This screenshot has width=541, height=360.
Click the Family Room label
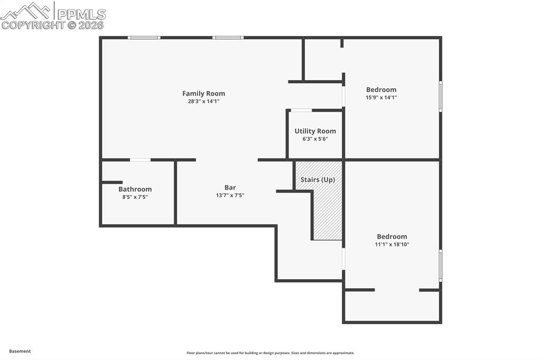point(203,93)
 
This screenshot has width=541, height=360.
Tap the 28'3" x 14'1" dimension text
point(203,101)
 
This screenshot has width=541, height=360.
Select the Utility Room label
point(315,131)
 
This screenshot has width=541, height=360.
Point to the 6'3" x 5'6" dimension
point(315,139)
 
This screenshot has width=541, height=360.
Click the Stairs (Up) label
point(318,179)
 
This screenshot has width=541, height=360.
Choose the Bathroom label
point(135,189)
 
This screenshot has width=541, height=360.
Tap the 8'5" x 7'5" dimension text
point(135,197)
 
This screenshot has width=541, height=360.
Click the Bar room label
point(230,187)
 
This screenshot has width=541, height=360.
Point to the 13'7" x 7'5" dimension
point(230,195)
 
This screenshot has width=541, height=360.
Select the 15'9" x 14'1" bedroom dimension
point(381,97)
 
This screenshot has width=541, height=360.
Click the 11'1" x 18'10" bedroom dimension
point(392,244)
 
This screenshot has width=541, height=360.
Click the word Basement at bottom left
point(20,351)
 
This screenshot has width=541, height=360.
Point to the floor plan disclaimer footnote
point(270,353)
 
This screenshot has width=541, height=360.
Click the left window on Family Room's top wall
point(144,37)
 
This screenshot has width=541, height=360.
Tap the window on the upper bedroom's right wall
point(440,96)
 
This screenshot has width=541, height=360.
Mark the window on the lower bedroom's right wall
point(440,266)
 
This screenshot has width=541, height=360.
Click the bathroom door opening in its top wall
point(140,159)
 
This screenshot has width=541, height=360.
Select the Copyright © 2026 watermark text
point(52,25)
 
